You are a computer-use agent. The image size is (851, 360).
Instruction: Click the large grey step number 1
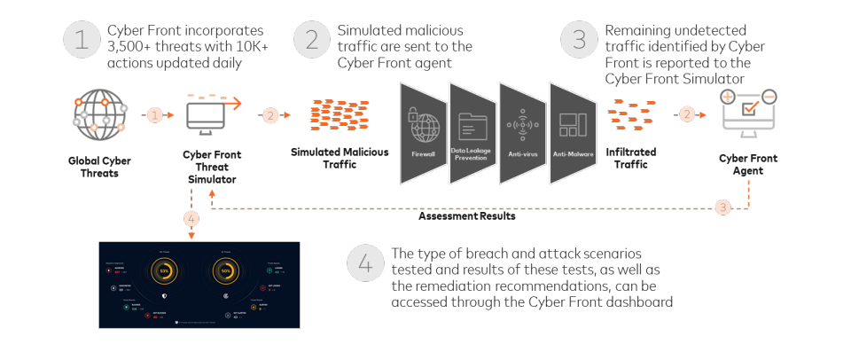click(x=81, y=41)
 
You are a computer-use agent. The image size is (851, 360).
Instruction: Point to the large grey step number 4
click(x=364, y=262)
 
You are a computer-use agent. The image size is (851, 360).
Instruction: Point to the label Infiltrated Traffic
click(x=631, y=158)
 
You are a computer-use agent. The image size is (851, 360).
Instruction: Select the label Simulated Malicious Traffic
click(x=340, y=158)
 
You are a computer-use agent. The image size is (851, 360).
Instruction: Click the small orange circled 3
click(x=723, y=208)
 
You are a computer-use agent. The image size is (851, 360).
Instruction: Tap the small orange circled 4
click(x=192, y=218)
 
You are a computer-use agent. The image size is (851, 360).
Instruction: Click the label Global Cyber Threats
click(x=93, y=167)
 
